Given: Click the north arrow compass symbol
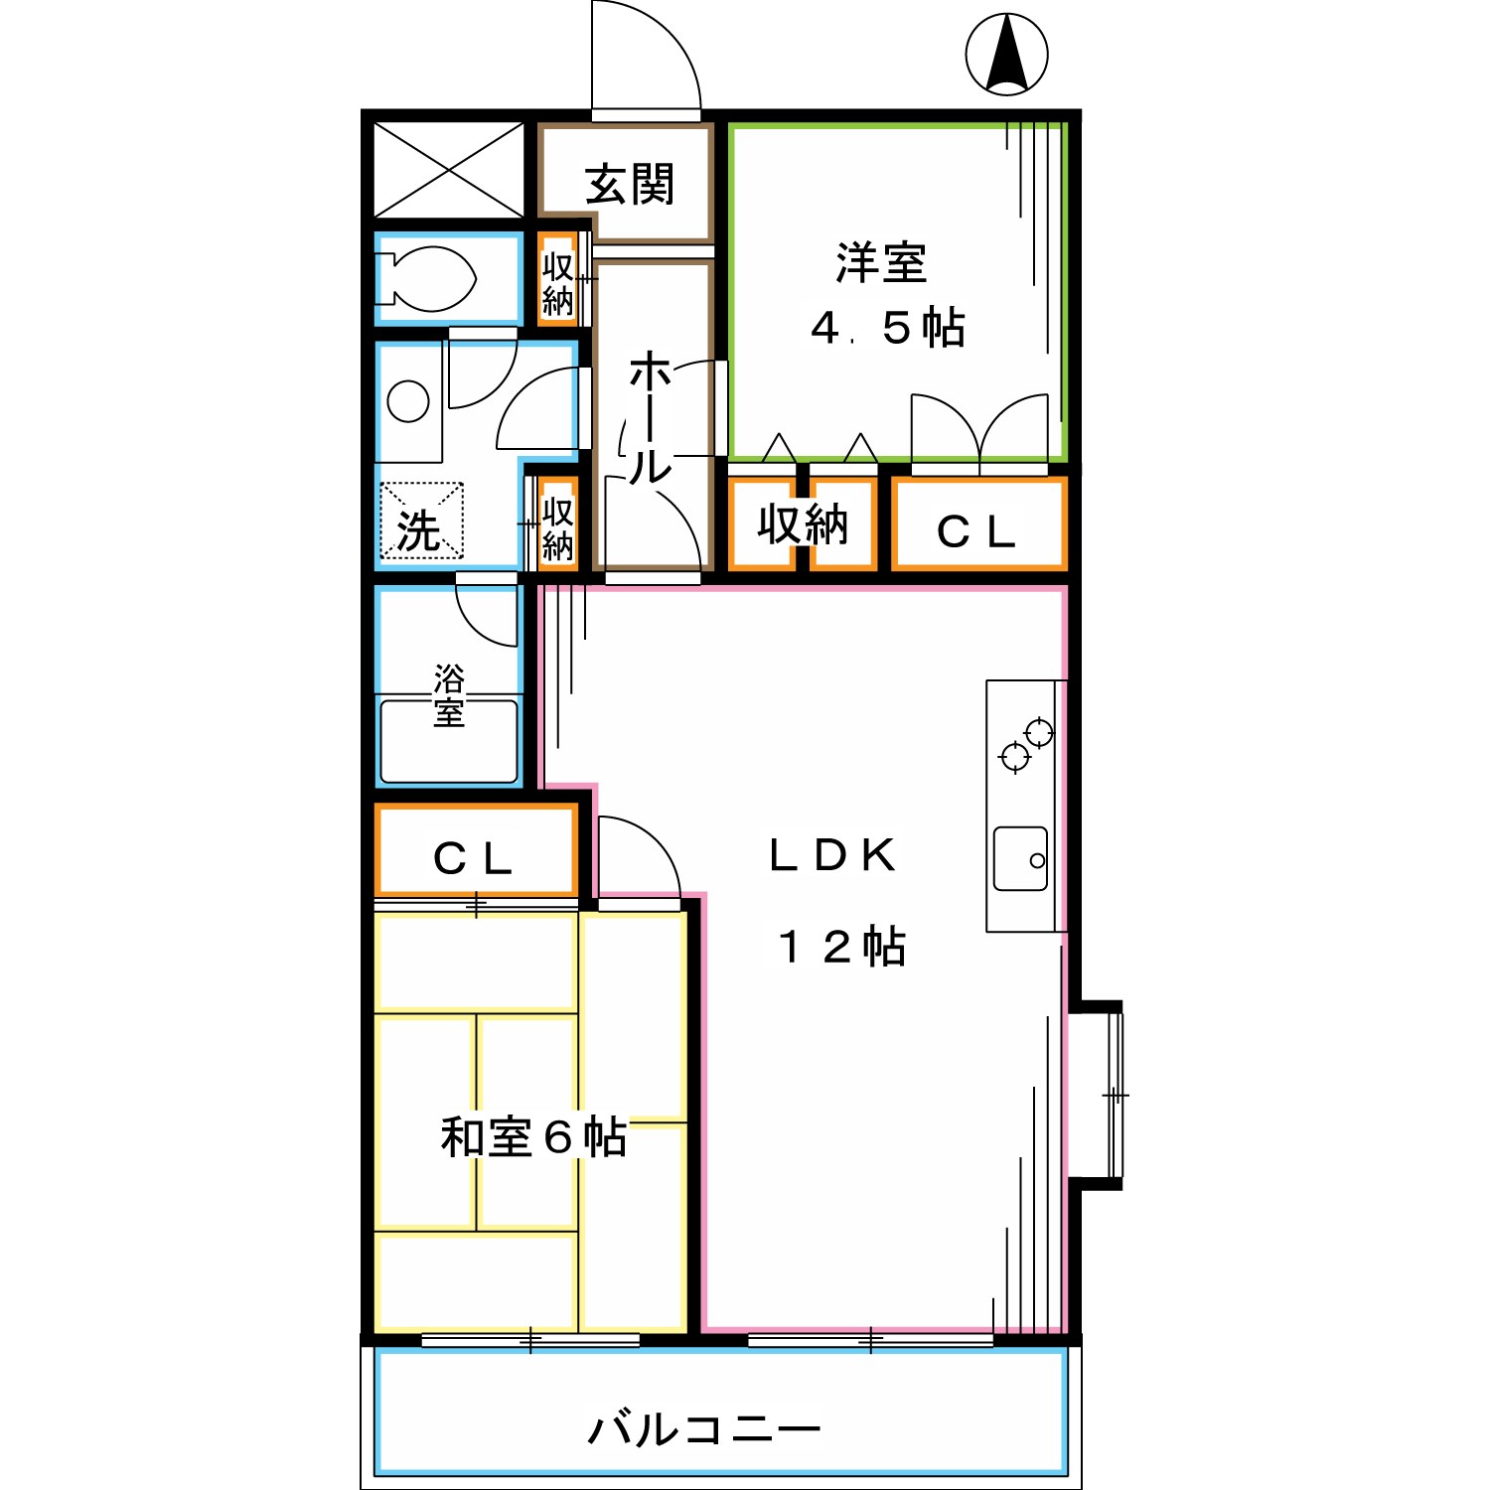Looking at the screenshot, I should (x=1007, y=55).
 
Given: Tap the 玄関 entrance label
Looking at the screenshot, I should (x=630, y=184).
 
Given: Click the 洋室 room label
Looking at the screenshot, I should (x=880, y=263).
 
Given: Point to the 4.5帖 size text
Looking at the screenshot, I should (x=887, y=328).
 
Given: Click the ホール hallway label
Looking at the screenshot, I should (x=651, y=417).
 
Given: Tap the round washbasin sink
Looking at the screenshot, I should (x=408, y=401).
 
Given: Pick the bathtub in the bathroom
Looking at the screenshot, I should (x=449, y=741).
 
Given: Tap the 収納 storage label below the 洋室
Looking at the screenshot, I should (x=803, y=524).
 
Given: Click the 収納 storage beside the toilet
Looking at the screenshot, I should (x=558, y=282).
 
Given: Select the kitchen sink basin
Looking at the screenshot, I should (x=1020, y=858).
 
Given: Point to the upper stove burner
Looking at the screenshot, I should (x=1039, y=732).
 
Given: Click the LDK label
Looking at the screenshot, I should (x=832, y=855).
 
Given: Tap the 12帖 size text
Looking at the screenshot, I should (x=841, y=947).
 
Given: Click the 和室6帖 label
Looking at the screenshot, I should (x=533, y=1136).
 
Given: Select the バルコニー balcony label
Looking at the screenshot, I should (x=704, y=1429).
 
